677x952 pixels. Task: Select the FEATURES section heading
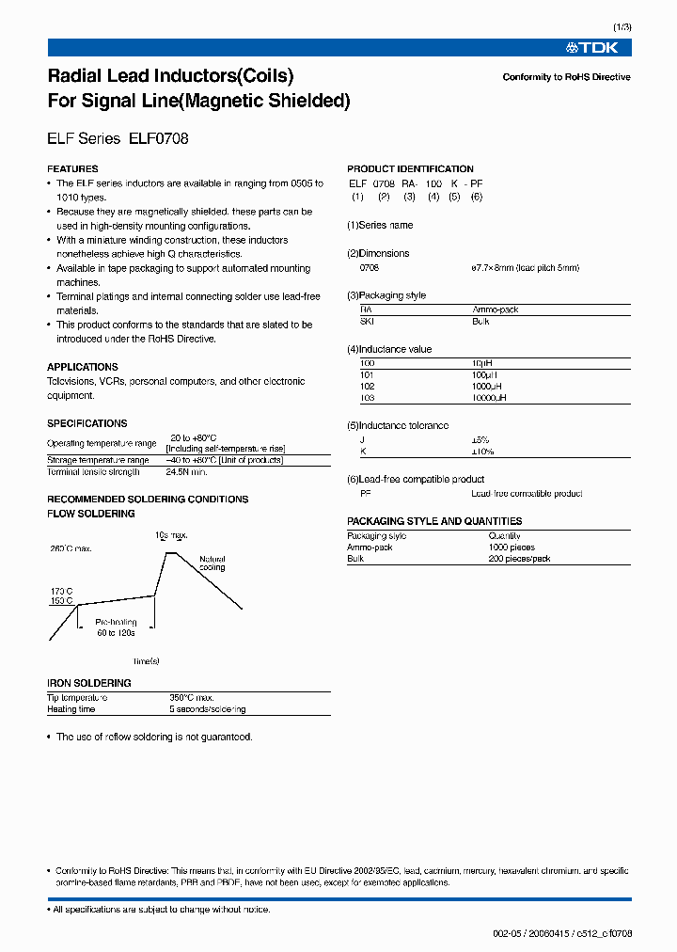(71, 169)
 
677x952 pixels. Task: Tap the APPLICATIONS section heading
(83, 367)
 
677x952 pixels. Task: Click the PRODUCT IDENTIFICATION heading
(410, 169)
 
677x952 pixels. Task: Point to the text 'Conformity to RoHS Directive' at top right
(566, 77)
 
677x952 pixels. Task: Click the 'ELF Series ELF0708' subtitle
(118, 138)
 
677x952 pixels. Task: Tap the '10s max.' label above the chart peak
(171, 535)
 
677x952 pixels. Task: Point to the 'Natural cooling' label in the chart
(213, 563)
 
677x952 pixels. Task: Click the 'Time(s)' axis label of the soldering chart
(147, 661)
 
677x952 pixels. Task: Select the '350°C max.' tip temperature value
(194, 698)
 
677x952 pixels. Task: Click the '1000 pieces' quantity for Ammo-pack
(511, 547)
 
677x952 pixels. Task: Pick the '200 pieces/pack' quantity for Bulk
(519, 559)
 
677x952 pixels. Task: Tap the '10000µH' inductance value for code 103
(489, 398)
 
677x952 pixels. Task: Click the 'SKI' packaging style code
(367, 321)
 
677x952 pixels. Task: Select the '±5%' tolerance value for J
(481, 440)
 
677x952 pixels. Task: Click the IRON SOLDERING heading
(89, 683)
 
